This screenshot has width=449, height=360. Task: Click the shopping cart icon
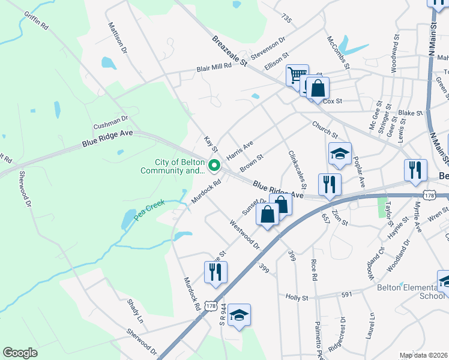tap(297, 76)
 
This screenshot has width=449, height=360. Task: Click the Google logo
tap(20, 353)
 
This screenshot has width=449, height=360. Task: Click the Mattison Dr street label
tap(118, 38)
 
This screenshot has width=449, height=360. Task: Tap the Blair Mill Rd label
tap(214, 68)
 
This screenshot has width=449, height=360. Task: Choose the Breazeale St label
tap(230, 50)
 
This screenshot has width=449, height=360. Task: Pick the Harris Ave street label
tap(240, 150)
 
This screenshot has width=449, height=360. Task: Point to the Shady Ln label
tap(135, 308)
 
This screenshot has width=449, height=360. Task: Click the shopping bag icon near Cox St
tap(318, 88)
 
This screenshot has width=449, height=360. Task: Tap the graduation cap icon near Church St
tap(340, 154)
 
